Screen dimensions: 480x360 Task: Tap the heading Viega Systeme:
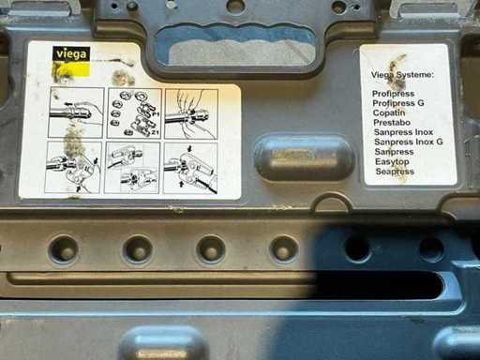402,75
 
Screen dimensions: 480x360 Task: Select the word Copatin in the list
389,112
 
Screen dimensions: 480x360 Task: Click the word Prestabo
392,122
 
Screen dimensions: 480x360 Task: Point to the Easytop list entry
392,161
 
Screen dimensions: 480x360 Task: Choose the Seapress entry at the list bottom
395,172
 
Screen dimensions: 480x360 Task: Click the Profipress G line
398,103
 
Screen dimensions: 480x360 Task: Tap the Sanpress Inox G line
409,142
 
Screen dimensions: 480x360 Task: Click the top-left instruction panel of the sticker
77,112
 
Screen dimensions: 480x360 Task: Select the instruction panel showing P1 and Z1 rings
134,113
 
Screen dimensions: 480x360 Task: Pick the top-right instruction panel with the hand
191,113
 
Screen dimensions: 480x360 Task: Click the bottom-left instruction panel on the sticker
73,167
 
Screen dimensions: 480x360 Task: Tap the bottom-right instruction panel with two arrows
190,169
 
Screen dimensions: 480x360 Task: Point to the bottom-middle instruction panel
132,168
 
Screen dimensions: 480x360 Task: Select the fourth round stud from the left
283,250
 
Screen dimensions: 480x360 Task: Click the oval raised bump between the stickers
305,157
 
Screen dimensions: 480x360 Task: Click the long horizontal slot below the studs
225,285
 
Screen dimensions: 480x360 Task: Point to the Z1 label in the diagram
156,132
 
